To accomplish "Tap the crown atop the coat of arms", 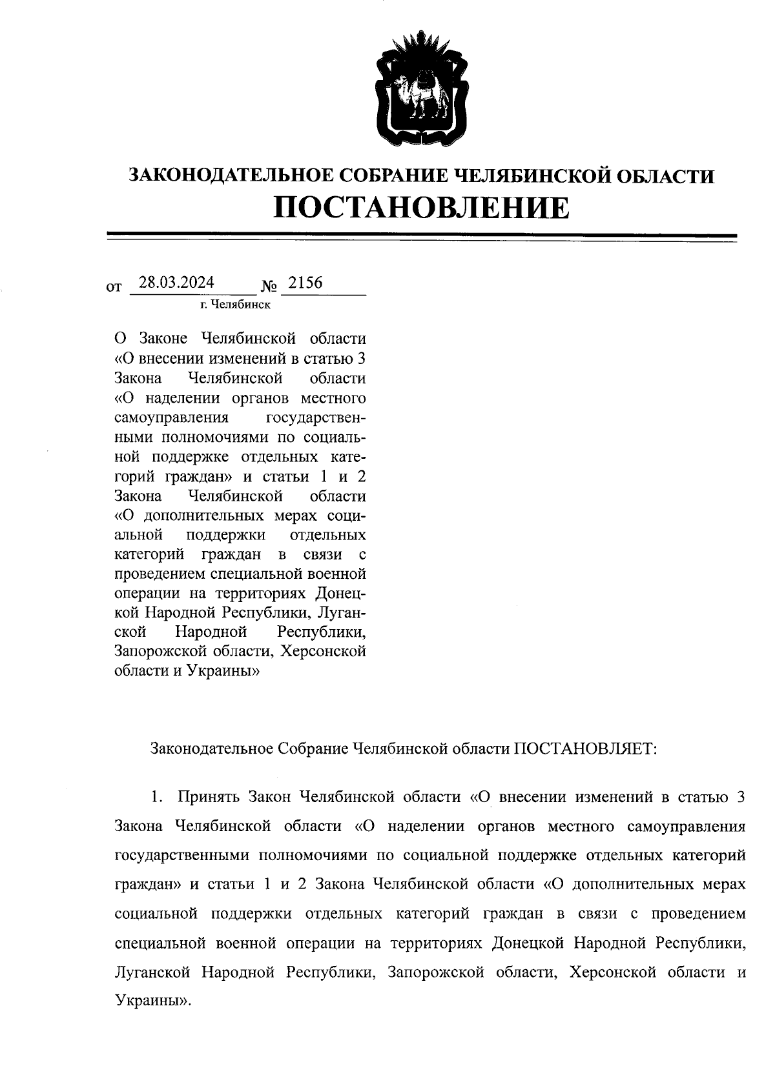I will point(421,45).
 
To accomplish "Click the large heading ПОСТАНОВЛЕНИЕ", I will point(422,207).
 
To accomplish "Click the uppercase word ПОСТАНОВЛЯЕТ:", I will point(585,749).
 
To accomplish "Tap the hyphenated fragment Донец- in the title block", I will point(341,593).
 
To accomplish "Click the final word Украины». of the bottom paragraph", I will point(153,1001).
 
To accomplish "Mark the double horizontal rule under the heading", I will point(422,237).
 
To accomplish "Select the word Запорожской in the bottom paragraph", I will point(436,972).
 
